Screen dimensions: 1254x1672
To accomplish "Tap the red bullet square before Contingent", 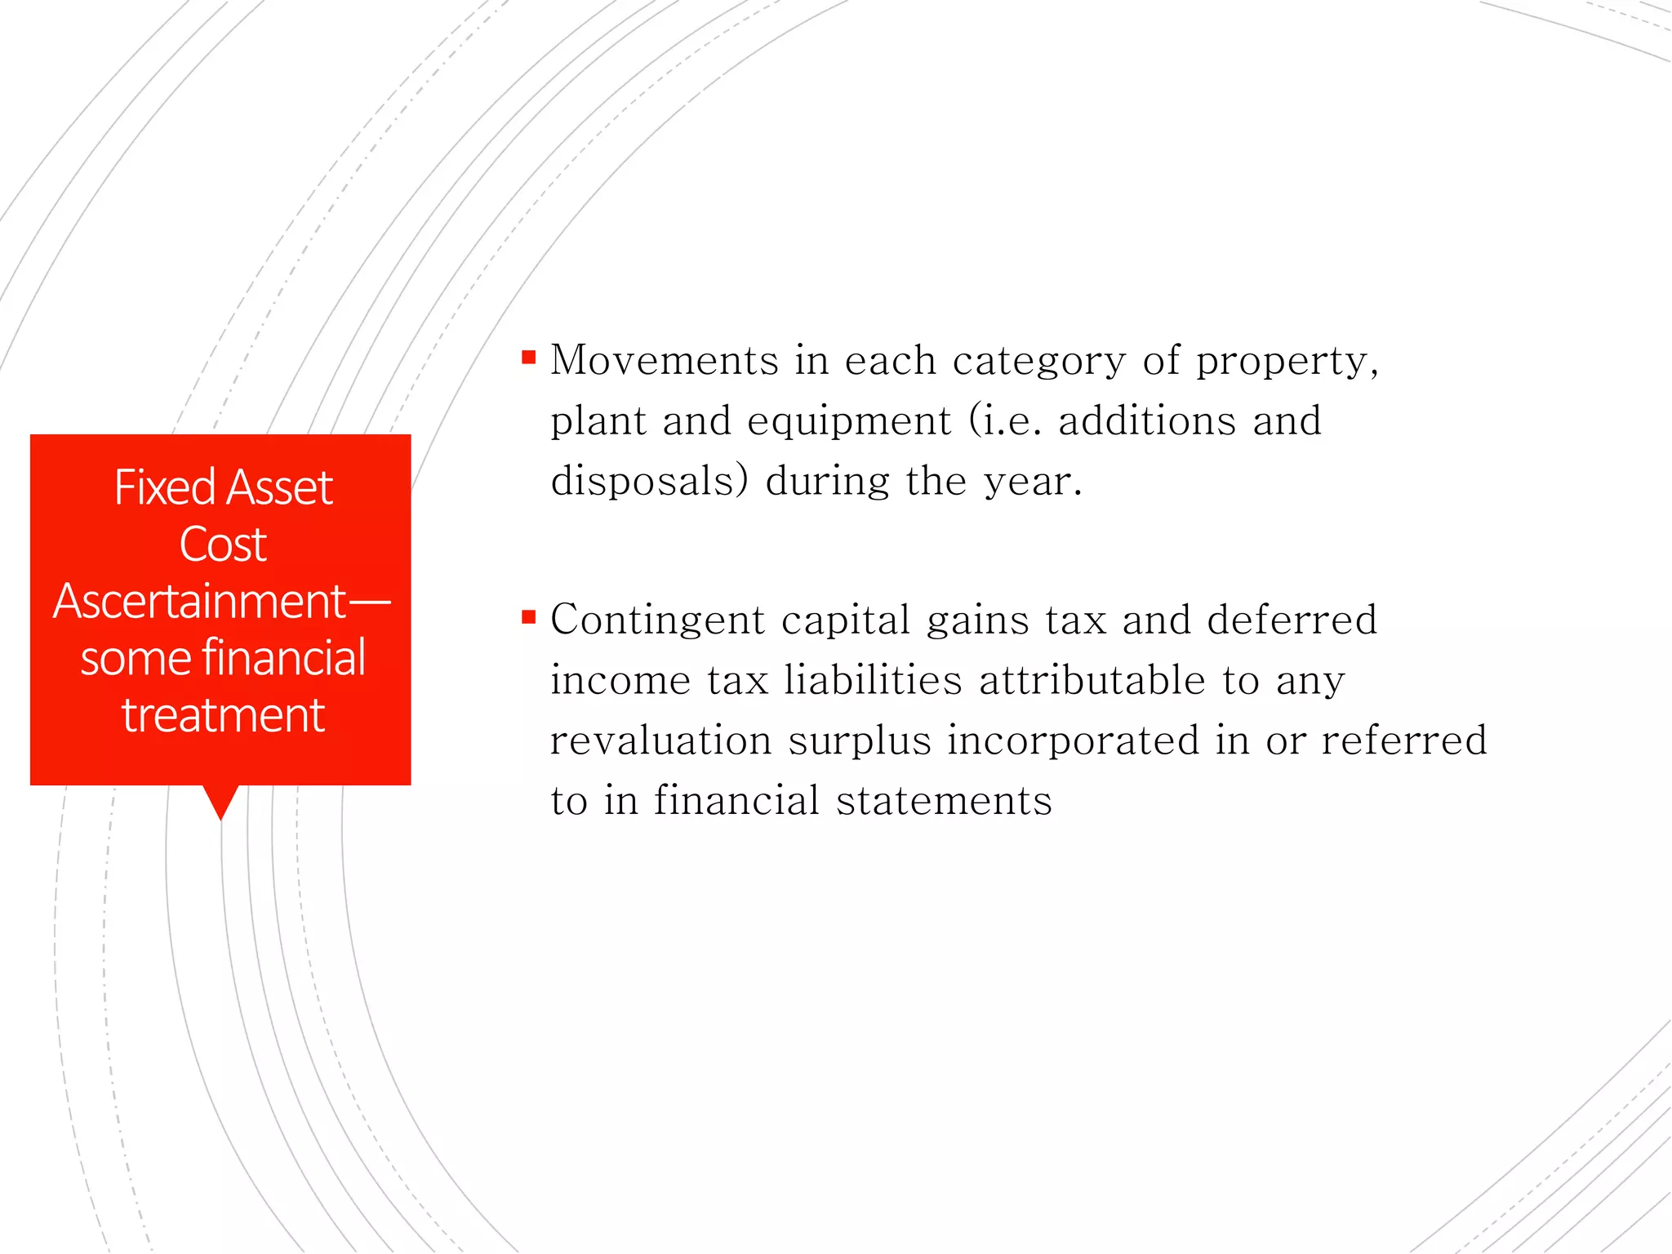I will [529, 617].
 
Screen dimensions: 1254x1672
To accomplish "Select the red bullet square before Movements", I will [529, 357].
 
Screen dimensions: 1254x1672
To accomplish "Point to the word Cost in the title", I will [222, 545].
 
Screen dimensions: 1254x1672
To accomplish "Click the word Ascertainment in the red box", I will [200, 602].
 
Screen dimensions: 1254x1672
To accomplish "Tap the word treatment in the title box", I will [223, 715].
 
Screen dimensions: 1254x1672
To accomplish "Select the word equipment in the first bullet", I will [849, 421].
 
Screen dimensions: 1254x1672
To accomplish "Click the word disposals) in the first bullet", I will [649, 481].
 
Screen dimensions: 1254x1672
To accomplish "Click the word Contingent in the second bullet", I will [657, 620].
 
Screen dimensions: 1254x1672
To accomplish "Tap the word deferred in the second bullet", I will [1292, 620].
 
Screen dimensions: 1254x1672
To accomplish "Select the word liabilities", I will [873, 680].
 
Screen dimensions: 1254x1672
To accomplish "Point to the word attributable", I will [1092, 680].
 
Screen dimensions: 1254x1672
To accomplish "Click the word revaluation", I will [660, 740].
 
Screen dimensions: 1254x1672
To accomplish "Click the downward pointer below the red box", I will [220, 801].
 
